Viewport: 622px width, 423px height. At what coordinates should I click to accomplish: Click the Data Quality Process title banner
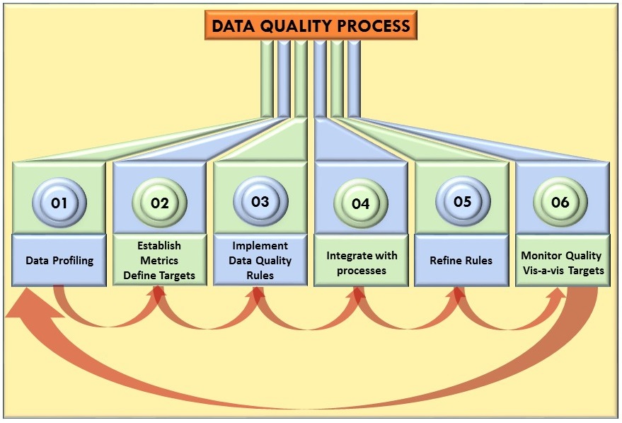311,26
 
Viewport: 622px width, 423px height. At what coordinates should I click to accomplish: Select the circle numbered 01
59,203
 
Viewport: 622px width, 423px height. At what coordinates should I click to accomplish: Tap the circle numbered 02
160,203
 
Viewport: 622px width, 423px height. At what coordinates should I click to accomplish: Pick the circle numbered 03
260,201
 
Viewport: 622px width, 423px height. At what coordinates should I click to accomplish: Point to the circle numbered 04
361,203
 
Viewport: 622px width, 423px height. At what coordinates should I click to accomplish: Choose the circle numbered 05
462,201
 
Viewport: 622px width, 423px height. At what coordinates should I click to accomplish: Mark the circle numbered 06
560,202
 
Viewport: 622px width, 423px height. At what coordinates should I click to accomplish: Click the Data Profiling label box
59,260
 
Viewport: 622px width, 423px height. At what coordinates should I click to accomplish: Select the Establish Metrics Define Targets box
159,261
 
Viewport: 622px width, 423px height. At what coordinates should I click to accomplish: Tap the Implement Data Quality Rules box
260,261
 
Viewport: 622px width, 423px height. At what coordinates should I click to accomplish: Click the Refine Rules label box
461,261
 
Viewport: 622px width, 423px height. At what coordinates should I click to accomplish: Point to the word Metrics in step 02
159,261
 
